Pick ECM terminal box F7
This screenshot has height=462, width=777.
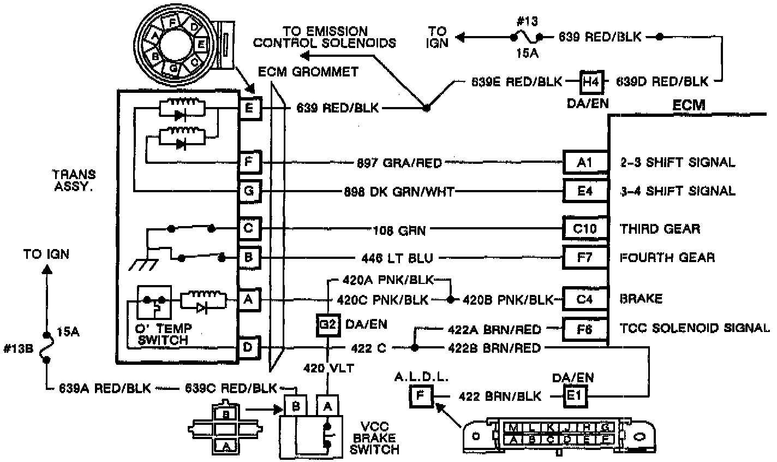[585, 257]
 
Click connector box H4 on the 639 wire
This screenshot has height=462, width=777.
[590, 81]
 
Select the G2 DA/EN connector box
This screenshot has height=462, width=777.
[328, 325]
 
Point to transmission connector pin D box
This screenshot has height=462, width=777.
[249, 347]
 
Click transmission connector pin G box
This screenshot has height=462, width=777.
[249, 192]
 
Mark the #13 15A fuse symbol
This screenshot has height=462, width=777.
[527, 38]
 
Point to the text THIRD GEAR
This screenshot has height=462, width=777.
[660, 228]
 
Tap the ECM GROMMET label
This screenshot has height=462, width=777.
[308, 72]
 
